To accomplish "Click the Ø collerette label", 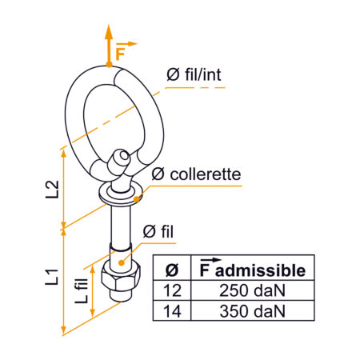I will pyautogui.click(x=194, y=173).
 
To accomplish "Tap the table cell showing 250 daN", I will pyautogui.click(x=252, y=289).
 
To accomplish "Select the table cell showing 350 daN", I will pyautogui.click(x=252, y=311).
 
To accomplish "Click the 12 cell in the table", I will pyautogui.click(x=174, y=289).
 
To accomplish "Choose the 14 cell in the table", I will pyautogui.click(x=174, y=311).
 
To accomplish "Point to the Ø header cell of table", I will pyautogui.click(x=174, y=267).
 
